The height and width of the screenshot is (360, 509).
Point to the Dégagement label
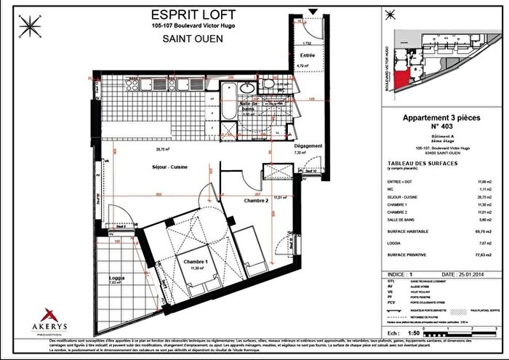click(x=308, y=146)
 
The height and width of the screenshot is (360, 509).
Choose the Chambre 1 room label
click(x=196, y=263)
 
